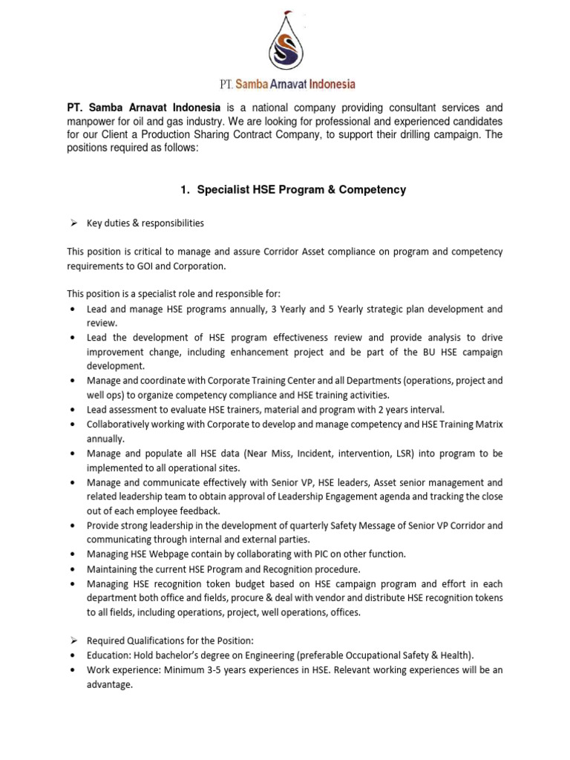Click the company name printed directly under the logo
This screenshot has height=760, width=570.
click(284, 84)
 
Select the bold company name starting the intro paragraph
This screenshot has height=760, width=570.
click(143, 108)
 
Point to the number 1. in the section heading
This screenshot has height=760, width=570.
click(186, 190)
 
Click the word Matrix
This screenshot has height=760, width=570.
click(486, 424)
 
